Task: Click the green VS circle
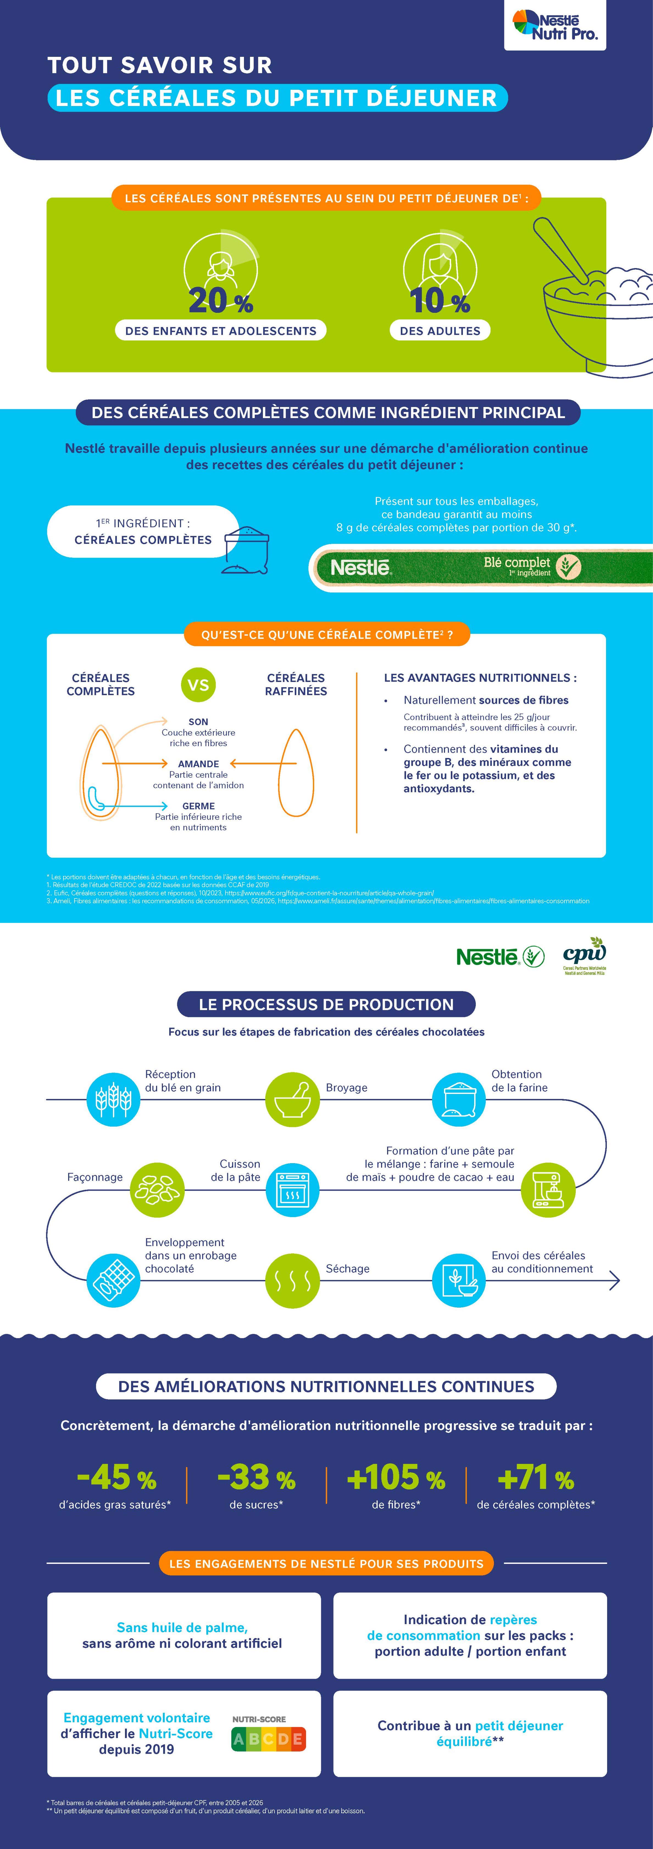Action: [x=198, y=685]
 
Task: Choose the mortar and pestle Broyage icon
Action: [x=292, y=1099]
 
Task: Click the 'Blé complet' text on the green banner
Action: [x=517, y=562]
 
